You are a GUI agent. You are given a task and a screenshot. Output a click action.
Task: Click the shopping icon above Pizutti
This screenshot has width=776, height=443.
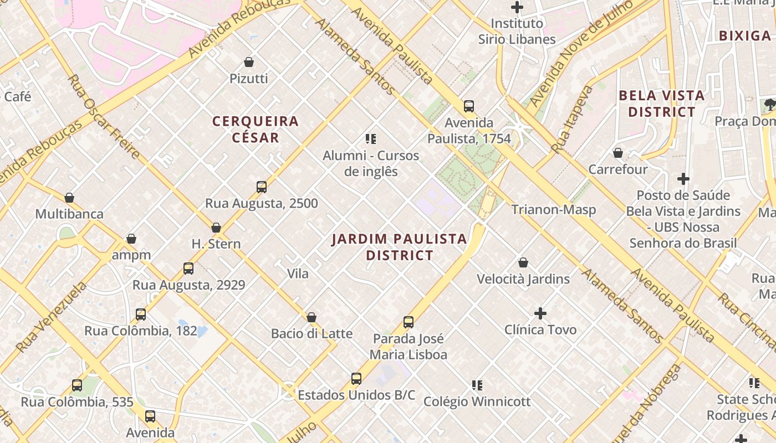(x=249, y=62)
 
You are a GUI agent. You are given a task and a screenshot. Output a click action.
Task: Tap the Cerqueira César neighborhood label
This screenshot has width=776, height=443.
(x=256, y=129)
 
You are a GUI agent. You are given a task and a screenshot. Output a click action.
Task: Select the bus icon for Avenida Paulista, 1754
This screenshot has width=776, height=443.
(x=469, y=106)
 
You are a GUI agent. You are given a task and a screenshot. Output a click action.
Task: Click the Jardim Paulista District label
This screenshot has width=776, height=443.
(x=399, y=247)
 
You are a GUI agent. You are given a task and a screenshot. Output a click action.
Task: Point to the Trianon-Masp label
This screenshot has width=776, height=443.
(x=553, y=209)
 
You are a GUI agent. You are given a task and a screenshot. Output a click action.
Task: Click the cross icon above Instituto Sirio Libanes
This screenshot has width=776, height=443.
(x=517, y=7)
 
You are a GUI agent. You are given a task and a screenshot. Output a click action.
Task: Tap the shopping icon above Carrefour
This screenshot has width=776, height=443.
(x=618, y=153)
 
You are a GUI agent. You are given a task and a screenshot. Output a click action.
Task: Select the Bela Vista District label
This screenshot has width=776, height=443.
(x=661, y=104)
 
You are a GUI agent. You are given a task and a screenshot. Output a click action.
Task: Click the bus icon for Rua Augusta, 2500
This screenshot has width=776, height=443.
(x=262, y=187)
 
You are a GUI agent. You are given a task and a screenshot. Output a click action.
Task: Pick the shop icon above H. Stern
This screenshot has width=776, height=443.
(x=216, y=228)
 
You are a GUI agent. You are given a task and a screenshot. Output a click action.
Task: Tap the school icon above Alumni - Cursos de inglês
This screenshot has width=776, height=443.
(x=371, y=139)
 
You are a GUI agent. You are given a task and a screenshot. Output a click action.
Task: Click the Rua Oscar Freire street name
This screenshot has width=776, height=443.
(x=103, y=116)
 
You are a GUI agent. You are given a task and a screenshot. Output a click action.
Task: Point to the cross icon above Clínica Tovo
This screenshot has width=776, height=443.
(x=540, y=313)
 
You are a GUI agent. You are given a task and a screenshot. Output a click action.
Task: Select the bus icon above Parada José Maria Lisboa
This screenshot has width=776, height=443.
(x=409, y=322)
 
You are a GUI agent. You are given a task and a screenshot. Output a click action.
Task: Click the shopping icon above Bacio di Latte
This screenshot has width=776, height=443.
(x=312, y=317)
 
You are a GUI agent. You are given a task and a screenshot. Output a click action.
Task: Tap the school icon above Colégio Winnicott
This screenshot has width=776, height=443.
(x=477, y=385)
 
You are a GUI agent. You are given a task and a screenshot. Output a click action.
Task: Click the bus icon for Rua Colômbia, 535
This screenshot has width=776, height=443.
(x=77, y=385)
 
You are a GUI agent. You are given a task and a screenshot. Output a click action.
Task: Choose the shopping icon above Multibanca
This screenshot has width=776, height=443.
(x=69, y=198)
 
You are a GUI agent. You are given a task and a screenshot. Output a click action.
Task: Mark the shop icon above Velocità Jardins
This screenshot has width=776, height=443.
(x=523, y=262)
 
